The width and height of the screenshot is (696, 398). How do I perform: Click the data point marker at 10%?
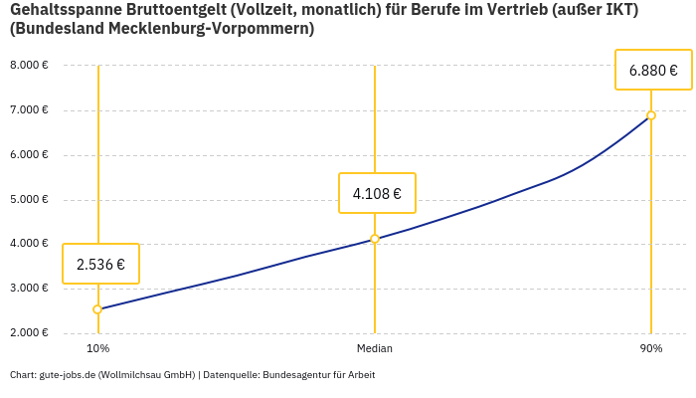tap(97, 309)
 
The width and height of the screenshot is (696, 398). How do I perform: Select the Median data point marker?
tap(375, 239)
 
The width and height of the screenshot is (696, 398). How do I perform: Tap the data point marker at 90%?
tap(651, 115)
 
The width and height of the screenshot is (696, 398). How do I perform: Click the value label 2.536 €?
tap(100, 264)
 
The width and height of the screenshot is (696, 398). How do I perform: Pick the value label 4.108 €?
tap(377, 193)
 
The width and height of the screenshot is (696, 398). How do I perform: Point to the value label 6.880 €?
tap(653, 70)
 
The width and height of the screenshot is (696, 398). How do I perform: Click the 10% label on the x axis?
tap(97, 348)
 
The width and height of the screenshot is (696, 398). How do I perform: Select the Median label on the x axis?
tap(375, 348)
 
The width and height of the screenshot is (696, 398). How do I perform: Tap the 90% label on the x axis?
tap(651, 348)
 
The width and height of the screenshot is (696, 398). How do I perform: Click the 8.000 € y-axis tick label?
tap(29, 66)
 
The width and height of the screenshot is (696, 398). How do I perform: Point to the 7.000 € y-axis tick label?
tap(29, 110)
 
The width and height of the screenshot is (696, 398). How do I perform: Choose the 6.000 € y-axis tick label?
tap(29, 155)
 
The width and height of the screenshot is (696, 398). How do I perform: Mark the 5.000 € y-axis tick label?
tap(29, 200)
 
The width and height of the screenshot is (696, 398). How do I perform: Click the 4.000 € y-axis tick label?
tap(29, 244)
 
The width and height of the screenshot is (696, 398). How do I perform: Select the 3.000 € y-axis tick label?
tap(29, 289)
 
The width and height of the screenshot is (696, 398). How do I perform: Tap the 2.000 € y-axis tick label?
tap(29, 332)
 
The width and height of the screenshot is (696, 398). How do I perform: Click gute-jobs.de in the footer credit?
tap(67, 375)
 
